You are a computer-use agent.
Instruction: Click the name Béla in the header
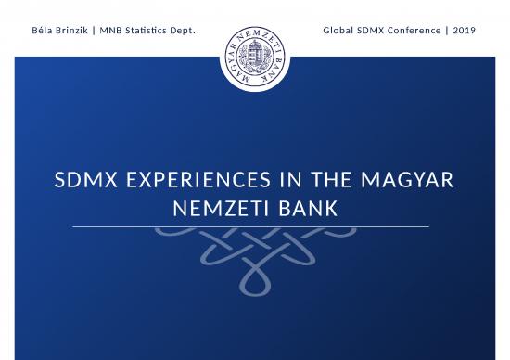pyautogui.click(x=43, y=31)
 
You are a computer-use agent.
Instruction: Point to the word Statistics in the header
pyautogui.click(x=152, y=31)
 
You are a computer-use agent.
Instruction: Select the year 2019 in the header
pyautogui.click(x=465, y=31)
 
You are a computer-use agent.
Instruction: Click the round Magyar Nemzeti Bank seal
pyautogui.click(x=255, y=56)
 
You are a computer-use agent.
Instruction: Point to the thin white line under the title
pyautogui.click(x=251, y=226)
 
